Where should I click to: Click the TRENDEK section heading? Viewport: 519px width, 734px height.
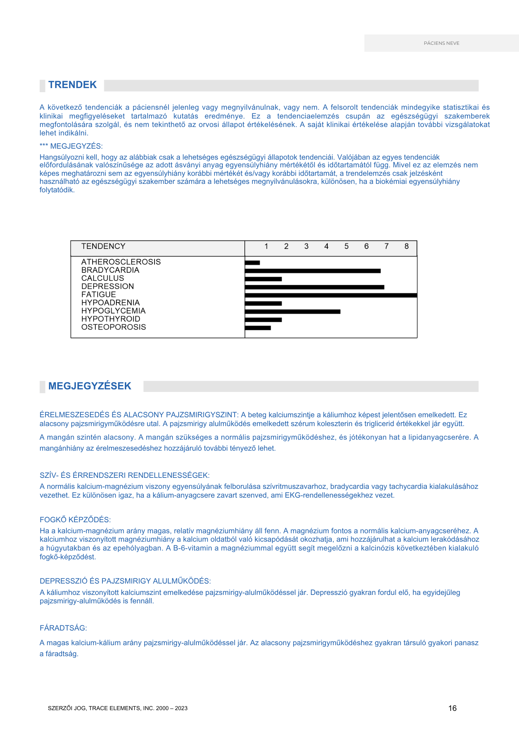pos(72,85)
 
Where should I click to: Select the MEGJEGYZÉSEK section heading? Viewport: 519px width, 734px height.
pos(90,386)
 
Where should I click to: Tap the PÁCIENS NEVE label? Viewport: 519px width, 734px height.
pos(442,43)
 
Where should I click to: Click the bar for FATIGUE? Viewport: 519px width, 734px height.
pos(330,295)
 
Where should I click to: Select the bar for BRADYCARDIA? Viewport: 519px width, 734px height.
pos(312,271)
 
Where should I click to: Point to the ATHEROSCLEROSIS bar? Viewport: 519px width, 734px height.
pos(252,263)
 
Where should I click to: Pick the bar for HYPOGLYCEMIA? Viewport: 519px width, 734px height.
pos(292,312)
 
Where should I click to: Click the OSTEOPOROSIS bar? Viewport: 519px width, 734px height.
pos(258,328)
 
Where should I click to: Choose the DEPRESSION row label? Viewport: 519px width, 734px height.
pos(108,286)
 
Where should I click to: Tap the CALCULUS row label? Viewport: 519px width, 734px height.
pos(103,278)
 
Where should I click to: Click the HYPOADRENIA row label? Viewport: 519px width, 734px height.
pos(110,303)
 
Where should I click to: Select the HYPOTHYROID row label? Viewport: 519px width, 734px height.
pos(110,319)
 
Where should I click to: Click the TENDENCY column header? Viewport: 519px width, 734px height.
pos(103,246)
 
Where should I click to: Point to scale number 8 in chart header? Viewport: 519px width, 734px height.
pos(406,246)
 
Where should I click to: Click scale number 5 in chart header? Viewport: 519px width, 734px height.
pos(346,246)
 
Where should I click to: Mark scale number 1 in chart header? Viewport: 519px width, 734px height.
pos(266,246)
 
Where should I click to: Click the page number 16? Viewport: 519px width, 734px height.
pos(452,708)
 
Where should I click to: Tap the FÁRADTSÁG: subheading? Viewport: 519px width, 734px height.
pos(63,628)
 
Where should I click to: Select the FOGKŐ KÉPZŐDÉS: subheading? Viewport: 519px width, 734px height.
pos(75,520)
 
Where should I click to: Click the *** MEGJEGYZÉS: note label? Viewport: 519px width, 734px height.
pos(71,146)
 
